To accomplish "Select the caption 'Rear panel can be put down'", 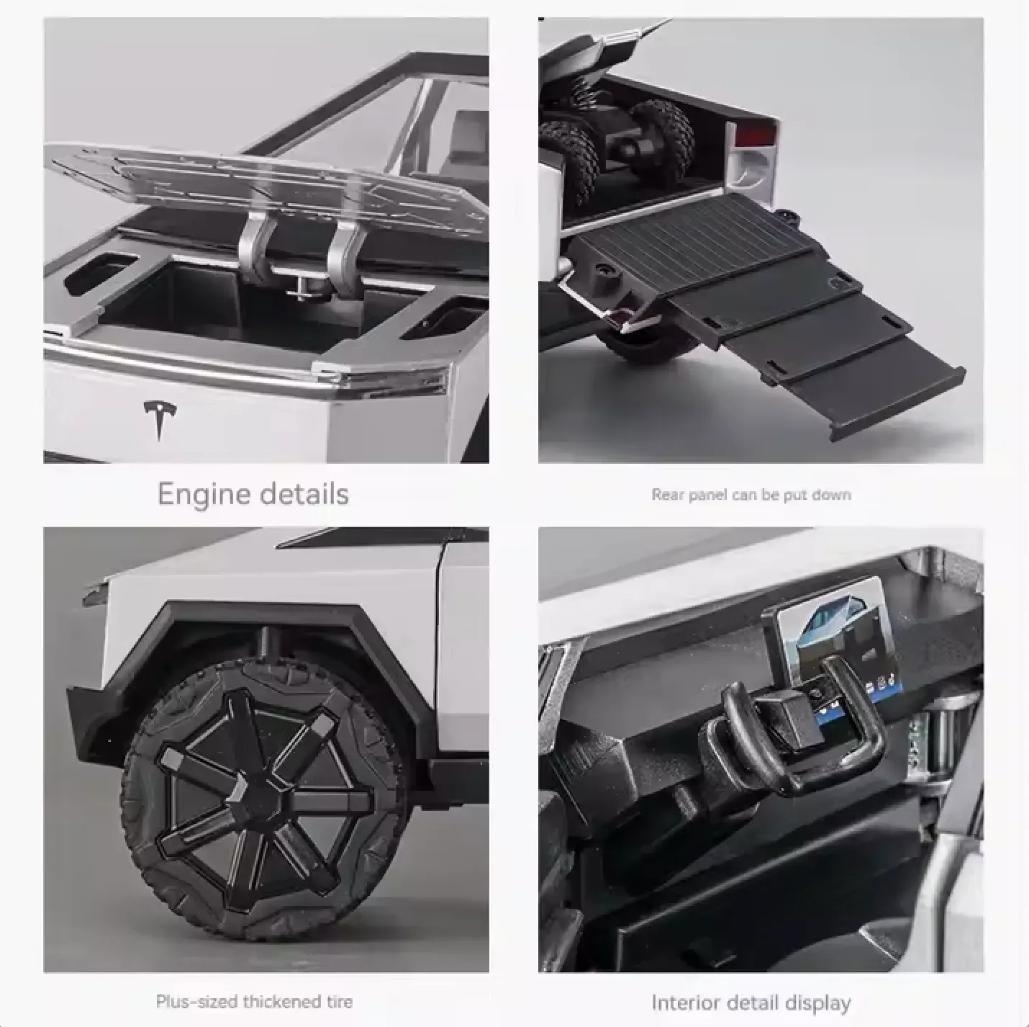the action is pyautogui.click(x=751, y=495).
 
